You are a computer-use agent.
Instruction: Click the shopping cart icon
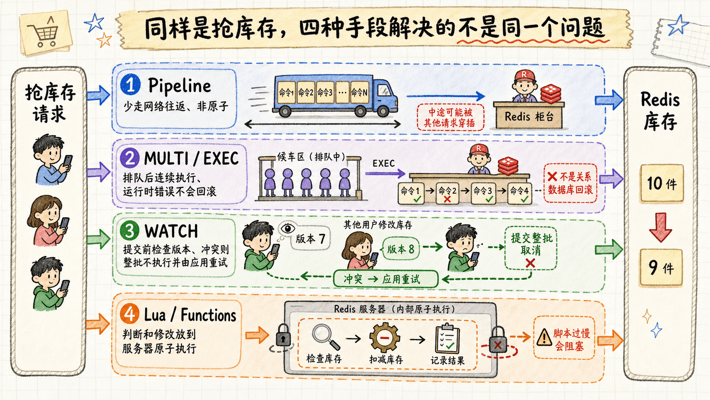44,33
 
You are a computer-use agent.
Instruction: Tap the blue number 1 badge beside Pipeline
130,84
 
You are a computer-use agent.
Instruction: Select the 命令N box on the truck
359,92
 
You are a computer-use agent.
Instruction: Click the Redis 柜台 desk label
529,116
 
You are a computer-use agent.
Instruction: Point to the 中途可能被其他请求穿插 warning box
450,117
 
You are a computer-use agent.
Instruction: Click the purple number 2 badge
130,158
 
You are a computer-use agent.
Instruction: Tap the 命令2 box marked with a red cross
448,193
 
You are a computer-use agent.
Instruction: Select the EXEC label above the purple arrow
383,163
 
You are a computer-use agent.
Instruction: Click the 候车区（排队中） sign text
311,157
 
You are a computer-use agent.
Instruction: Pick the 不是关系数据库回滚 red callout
570,183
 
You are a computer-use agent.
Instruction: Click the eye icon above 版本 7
287,228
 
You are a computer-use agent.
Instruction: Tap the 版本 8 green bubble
400,249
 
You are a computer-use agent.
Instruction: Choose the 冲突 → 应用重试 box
386,279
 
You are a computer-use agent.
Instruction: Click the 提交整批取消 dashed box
531,248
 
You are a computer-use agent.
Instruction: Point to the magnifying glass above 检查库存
325,337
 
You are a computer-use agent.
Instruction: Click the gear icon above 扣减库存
385,338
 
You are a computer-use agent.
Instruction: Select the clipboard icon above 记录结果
447,338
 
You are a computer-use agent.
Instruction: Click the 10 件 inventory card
662,183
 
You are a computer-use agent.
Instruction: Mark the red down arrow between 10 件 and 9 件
661,227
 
